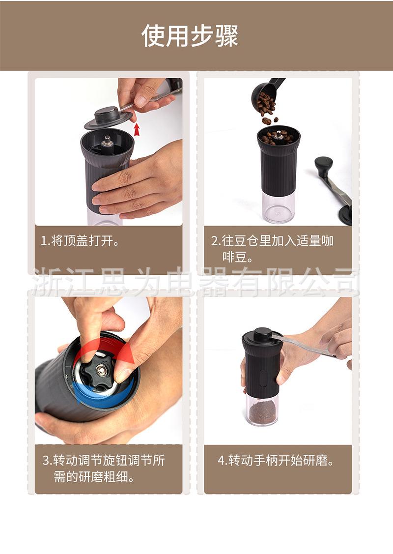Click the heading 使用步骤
tap(190, 36)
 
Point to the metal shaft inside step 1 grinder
tap(108, 142)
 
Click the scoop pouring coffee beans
tap(267, 93)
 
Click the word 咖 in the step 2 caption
tap(327, 241)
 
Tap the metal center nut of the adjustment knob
tap(101, 370)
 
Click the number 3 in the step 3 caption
tap(46, 461)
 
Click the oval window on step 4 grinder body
tap(263, 378)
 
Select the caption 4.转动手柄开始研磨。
tap(276, 461)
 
